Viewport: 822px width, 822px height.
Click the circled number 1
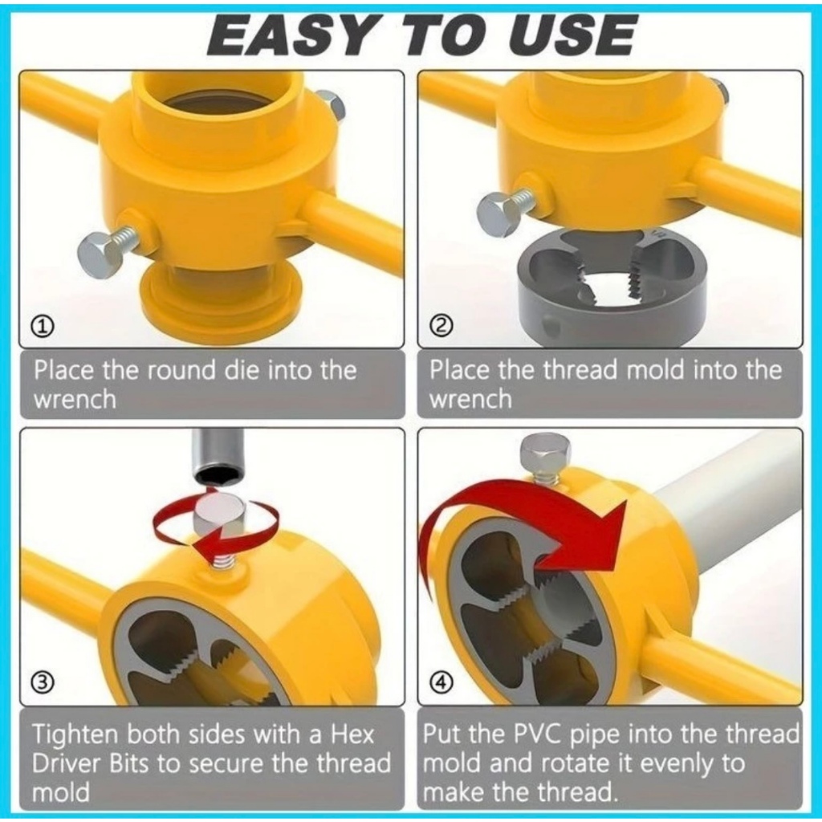44,327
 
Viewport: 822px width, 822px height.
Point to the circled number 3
43,682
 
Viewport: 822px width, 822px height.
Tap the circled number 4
441,682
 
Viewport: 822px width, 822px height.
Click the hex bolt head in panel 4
546,453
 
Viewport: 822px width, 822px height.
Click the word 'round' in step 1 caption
181,371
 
